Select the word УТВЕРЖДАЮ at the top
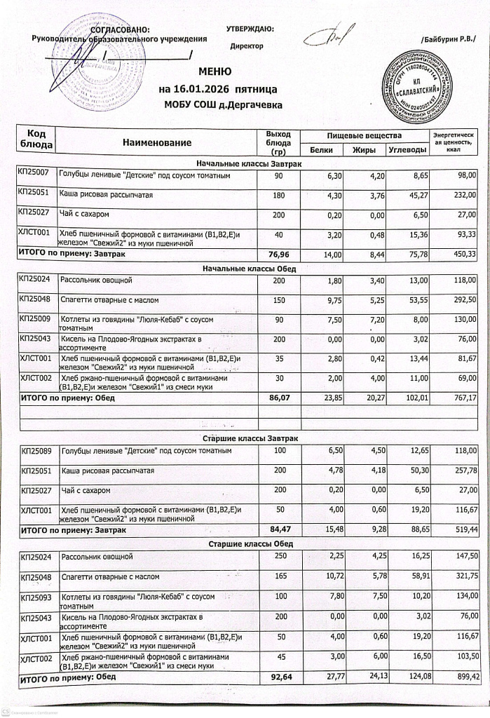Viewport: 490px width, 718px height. [250, 29]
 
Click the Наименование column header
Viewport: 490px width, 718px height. [157, 142]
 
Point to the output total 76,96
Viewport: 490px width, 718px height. [279, 254]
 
